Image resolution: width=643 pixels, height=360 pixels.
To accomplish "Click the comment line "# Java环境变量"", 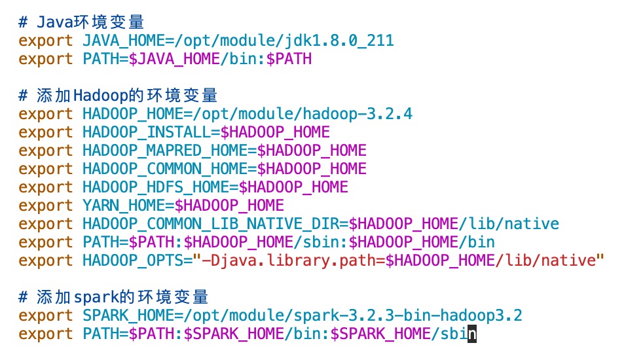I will click(x=81, y=23).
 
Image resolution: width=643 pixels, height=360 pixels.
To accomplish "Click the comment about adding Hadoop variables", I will click(x=118, y=96).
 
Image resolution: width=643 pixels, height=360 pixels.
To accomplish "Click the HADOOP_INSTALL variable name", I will click(x=146, y=132).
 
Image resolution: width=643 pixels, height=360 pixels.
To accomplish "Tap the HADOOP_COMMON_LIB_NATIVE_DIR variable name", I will click(x=210, y=224).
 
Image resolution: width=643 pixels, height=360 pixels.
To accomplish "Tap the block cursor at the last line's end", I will click(x=472, y=334).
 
